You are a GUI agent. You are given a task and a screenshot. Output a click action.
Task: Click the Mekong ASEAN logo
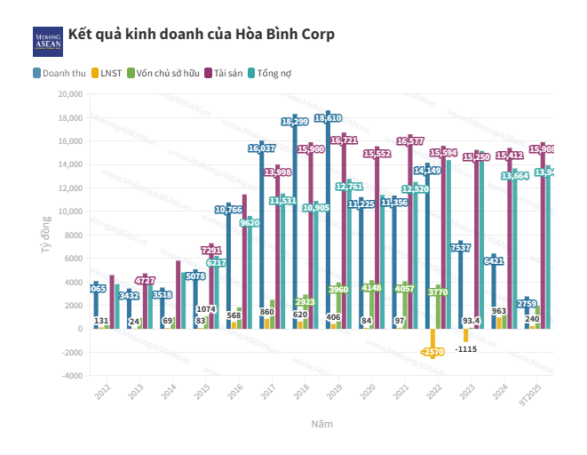48,39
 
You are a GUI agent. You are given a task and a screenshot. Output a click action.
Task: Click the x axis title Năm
322,425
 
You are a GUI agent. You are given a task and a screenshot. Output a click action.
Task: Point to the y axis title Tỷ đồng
45,235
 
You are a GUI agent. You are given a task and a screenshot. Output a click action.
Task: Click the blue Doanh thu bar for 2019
328,222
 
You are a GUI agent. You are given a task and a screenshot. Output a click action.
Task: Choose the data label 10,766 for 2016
228,210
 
